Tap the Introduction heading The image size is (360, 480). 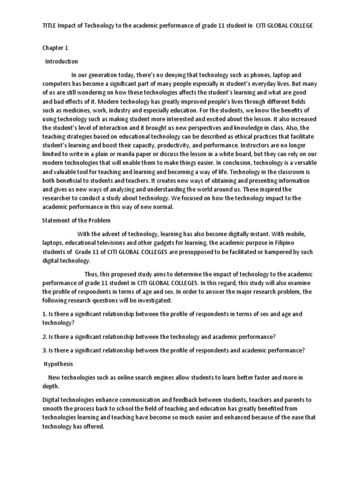point(61,61)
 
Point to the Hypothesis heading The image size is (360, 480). point(59,364)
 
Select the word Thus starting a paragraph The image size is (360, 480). point(92,274)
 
